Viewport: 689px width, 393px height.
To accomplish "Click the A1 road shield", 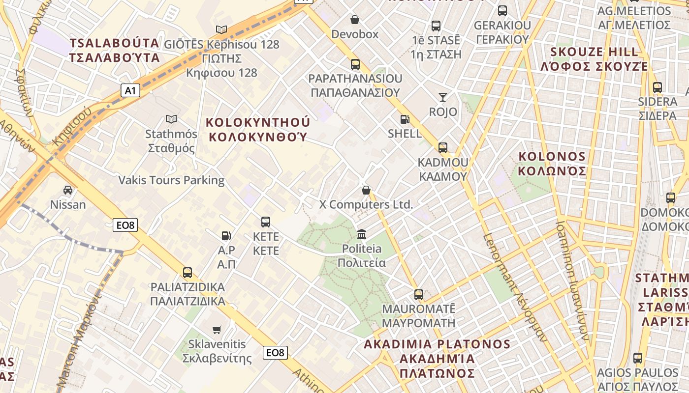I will [x=130, y=90].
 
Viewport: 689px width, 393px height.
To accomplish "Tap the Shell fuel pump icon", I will [x=405, y=119].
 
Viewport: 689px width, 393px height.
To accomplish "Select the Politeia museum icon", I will [x=362, y=233].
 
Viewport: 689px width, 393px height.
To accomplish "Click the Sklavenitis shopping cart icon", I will [x=217, y=330].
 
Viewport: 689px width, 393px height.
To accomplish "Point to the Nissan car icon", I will [x=68, y=190].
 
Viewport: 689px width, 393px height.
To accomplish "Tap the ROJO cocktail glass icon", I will [x=443, y=97].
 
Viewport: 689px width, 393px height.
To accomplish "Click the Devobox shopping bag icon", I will [x=354, y=20].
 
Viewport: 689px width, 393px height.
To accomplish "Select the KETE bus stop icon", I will [x=266, y=222].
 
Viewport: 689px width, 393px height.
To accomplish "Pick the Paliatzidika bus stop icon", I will [x=188, y=272].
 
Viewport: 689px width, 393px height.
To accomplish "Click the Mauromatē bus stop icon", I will [x=418, y=295].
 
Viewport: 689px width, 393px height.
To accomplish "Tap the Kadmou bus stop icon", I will [x=443, y=147].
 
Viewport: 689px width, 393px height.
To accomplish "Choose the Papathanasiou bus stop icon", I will [x=355, y=64].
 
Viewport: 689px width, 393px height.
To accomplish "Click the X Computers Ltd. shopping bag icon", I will [x=366, y=190].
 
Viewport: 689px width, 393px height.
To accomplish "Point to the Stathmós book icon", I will [x=171, y=119].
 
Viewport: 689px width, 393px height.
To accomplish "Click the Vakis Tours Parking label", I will [x=171, y=180].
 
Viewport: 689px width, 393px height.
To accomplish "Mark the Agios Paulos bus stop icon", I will [x=638, y=358].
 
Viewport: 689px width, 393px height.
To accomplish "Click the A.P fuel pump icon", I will [x=226, y=236].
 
